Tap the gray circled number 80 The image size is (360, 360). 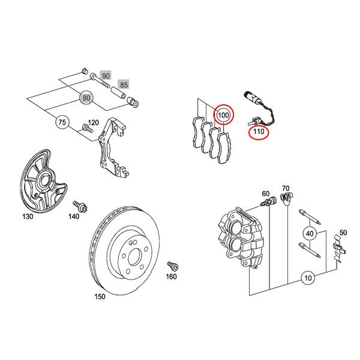point(87,98)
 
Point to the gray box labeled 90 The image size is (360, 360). point(106,76)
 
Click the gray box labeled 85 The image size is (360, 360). point(124,85)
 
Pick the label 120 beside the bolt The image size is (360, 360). point(93,123)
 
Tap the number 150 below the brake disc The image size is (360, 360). point(100,296)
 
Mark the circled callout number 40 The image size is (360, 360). point(310,233)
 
